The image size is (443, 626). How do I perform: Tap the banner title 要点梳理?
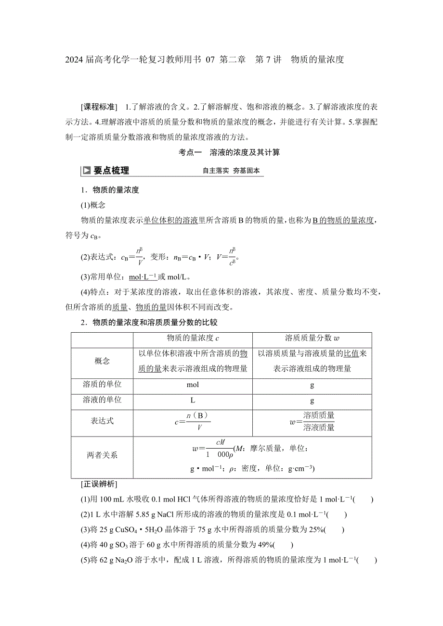111,171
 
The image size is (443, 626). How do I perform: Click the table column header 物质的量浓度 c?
193,338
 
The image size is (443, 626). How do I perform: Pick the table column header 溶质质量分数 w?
313,338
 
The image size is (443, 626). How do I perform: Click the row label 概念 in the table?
102,361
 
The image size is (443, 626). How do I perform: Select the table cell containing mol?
193,385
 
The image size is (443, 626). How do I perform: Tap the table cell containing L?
193,400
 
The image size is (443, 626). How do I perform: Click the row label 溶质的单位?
102,385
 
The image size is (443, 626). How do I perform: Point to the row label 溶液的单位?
102,400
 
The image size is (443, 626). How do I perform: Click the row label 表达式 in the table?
102,421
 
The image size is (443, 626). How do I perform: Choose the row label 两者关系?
102,455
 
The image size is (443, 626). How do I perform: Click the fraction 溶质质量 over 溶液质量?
319,421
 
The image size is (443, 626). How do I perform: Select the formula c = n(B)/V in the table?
193,421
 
